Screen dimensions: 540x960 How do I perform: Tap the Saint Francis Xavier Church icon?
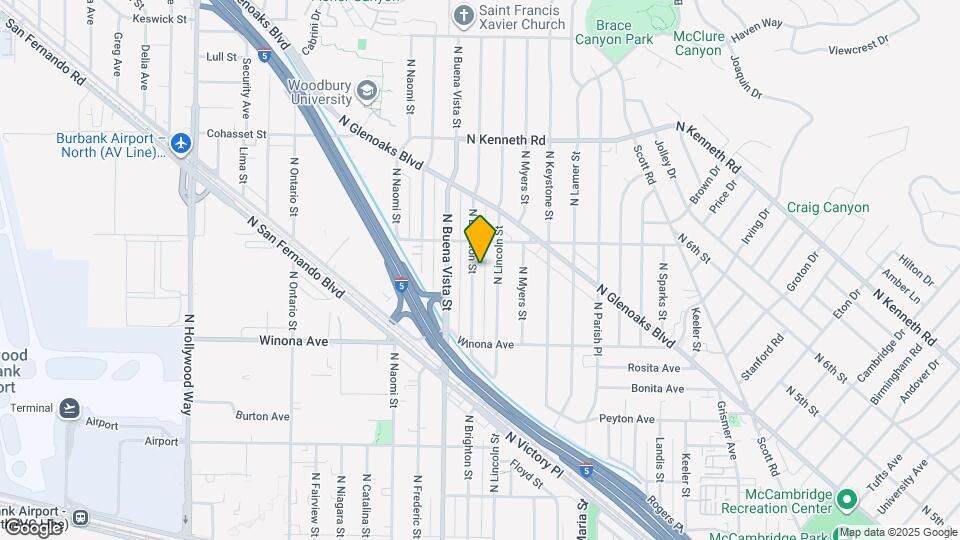click(x=462, y=15)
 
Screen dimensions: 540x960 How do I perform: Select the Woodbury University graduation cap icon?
click(x=367, y=92)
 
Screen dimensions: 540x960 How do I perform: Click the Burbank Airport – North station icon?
click(x=180, y=144)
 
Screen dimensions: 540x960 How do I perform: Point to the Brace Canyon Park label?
click(x=613, y=31)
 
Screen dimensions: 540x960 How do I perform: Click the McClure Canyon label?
click(x=698, y=43)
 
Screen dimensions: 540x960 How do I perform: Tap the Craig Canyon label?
click(x=827, y=208)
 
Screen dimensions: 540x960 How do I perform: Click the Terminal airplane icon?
click(x=69, y=408)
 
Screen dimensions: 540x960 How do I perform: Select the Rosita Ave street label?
click(x=655, y=368)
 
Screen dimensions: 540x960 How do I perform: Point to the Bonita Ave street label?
click(x=657, y=388)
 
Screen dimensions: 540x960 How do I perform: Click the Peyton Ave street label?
click(x=627, y=419)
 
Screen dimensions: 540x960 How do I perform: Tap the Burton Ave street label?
click(x=262, y=416)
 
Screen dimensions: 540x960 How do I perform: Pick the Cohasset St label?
click(x=236, y=134)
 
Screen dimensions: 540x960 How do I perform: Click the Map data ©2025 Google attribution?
click(x=898, y=532)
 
